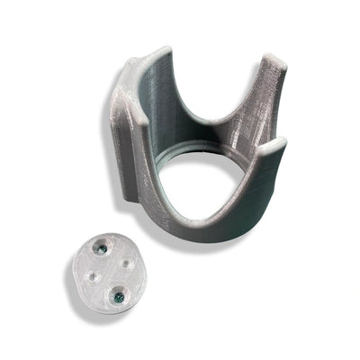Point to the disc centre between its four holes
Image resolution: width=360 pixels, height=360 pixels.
(x=111, y=271)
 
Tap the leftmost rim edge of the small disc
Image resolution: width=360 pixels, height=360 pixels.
(x=72, y=270)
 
